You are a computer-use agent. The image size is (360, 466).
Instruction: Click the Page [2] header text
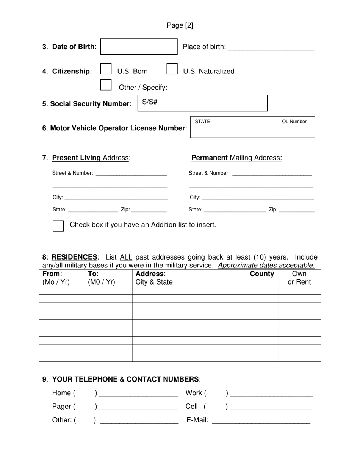(180, 25)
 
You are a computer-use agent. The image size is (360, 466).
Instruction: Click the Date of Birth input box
(139, 47)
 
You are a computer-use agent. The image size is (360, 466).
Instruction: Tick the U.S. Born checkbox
(106, 69)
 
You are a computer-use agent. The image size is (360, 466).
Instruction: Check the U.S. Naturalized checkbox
(172, 69)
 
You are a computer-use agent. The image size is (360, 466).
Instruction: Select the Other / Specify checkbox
(106, 84)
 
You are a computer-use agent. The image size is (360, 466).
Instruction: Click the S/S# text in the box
(150, 102)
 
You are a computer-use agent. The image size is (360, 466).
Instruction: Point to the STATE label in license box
(202, 122)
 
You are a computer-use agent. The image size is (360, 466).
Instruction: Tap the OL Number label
(294, 122)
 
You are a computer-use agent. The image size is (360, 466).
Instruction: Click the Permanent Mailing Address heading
(236, 158)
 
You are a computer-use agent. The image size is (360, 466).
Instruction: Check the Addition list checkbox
(58, 226)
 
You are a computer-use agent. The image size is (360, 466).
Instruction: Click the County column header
(262, 274)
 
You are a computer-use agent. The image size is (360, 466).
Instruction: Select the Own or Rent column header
(299, 278)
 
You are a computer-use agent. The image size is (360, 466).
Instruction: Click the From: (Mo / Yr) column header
(56, 278)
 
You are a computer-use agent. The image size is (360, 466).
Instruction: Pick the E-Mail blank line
(261, 421)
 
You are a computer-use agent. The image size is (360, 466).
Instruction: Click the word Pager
(61, 407)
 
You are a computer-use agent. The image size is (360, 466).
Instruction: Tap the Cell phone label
(192, 407)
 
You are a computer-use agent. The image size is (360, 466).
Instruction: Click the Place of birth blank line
(271, 48)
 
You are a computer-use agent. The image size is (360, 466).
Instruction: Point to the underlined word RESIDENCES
(74, 257)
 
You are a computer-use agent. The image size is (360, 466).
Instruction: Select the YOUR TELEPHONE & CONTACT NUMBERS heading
(125, 379)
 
